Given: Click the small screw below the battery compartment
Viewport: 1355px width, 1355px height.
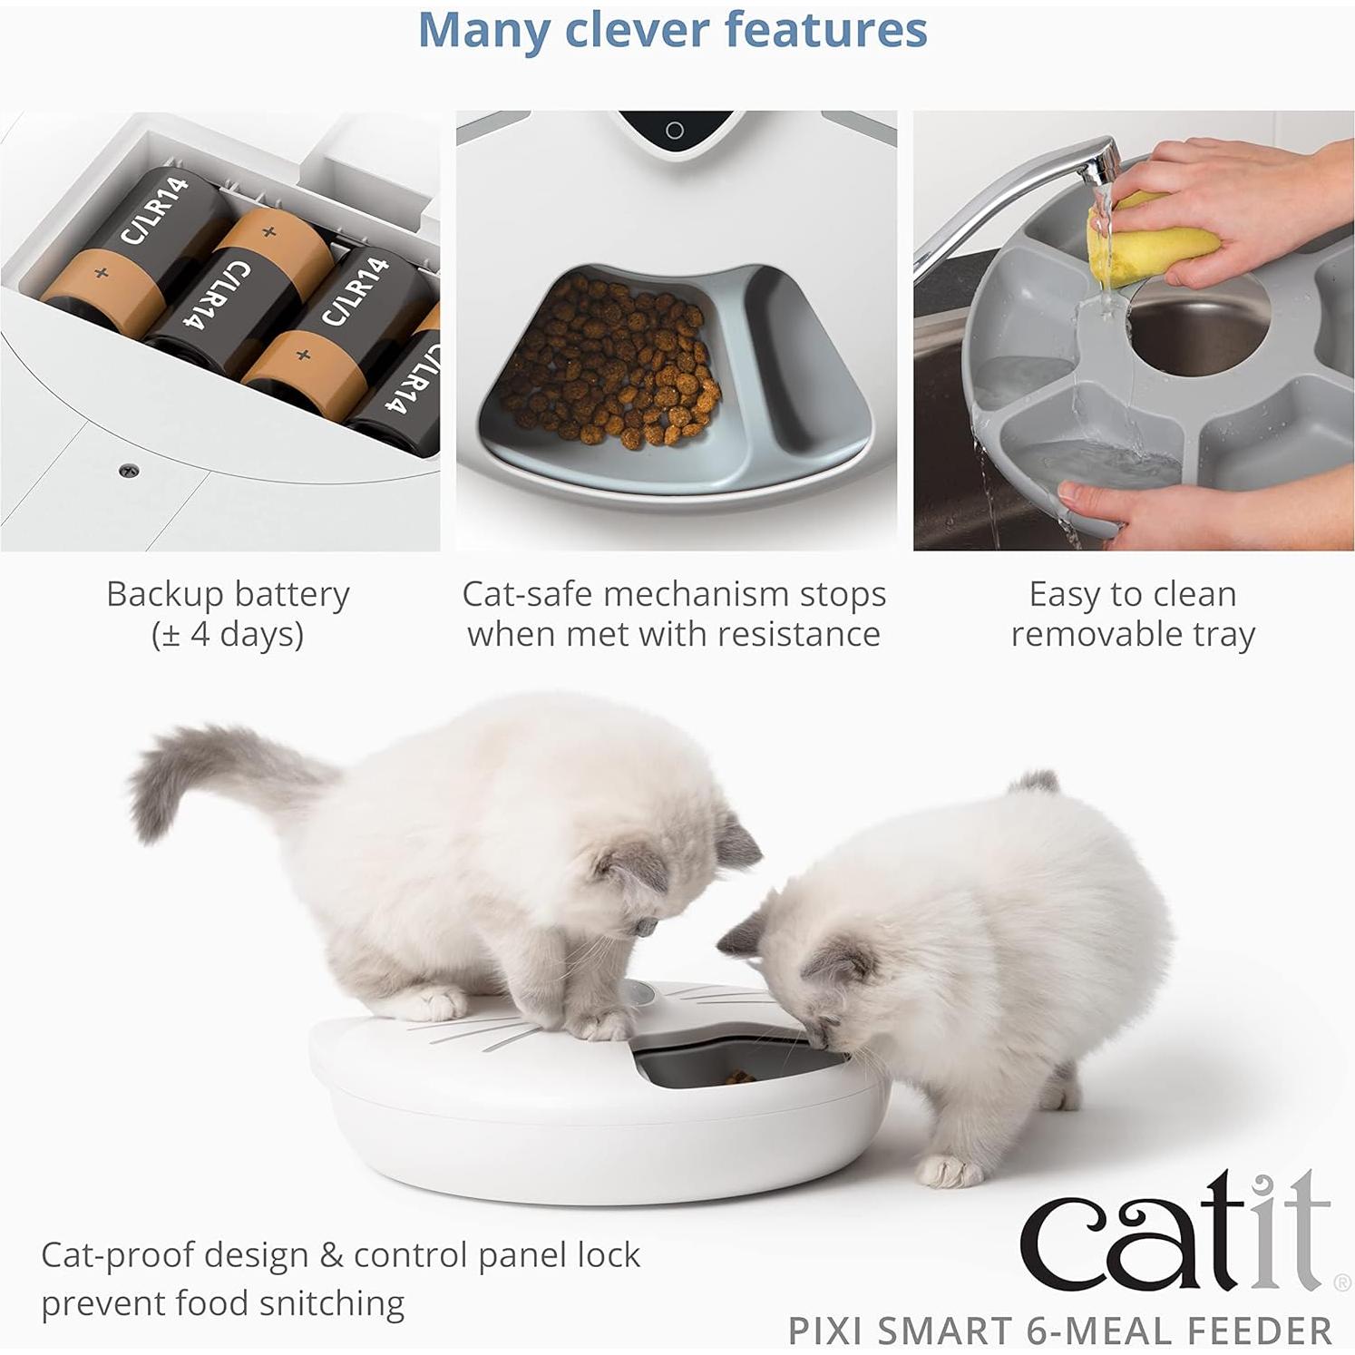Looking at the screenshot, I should point(129,470).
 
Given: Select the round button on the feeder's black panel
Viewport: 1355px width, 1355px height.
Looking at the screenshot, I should point(674,131).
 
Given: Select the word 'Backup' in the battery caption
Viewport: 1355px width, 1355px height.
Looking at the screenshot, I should point(164,595).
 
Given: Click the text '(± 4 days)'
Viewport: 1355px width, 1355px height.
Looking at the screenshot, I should point(228,634).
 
